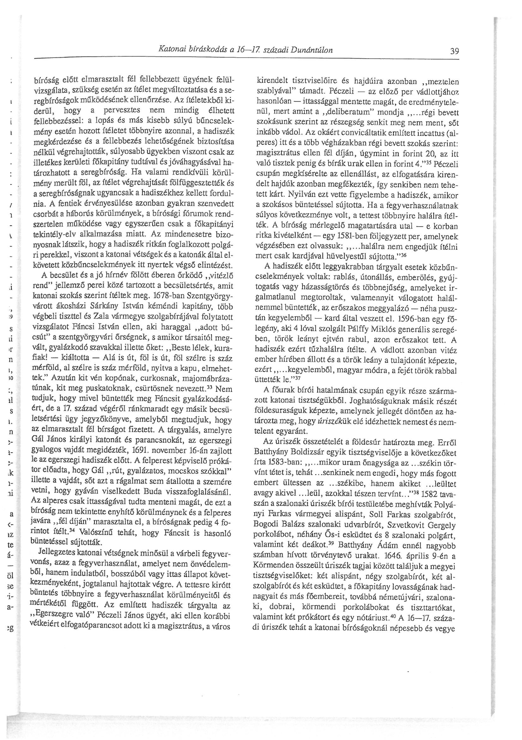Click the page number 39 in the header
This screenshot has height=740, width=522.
[x=454, y=51]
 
